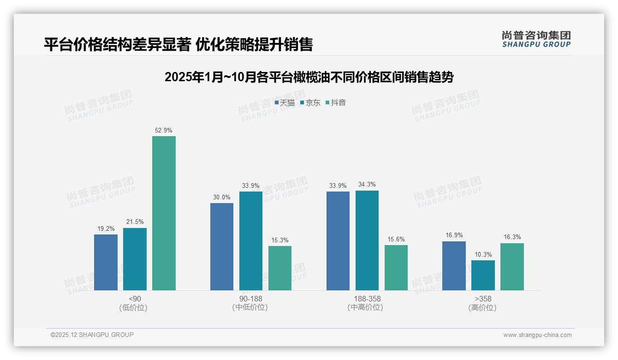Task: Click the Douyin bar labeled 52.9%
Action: pyautogui.click(x=164, y=213)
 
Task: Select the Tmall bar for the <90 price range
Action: pyautogui.click(x=106, y=262)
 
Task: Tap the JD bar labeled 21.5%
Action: pyautogui.click(x=135, y=259)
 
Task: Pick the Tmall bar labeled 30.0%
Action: pyautogui.click(x=222, y=246)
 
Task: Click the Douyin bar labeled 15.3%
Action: pyautogui.click(x=280, y=268)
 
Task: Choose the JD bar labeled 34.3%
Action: pyautogui.click(x=367, y=240)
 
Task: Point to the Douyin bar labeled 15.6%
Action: pyautogui.click(x=396, y=268)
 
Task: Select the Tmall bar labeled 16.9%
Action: pyautogui.click(x=454, y=266)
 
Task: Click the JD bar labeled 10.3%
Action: pyautogui.click(x=483, y=275)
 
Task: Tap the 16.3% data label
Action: pyautogui.click(x=512, y=237)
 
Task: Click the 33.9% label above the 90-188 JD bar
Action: pyautogui.click(x=251, y=186)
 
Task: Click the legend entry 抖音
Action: pyautogui.click(x=336, y=103)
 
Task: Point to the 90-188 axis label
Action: pyautogui.click(x=250, y=299)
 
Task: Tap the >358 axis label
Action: pyautogui.click(x=482, y=299)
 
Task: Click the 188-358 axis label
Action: pyautogui.click(x=367, y=299)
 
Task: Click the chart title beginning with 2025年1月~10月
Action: pyautogui.click(x=309, y=77)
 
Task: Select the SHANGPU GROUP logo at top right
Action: pyautogui.click(x=536, y=39)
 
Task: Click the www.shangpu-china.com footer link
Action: pyautogui.click(x=537, y=335)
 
